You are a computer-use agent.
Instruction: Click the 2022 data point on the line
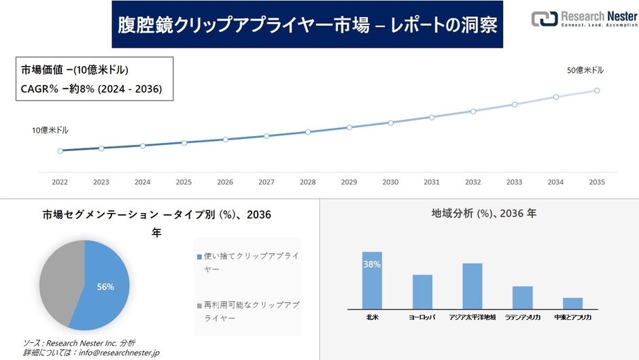point(60,151)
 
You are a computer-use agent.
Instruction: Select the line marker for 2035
point(597,90)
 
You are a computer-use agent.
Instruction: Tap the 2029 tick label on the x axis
point(349,182)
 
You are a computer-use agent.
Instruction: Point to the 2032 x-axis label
point(472,182)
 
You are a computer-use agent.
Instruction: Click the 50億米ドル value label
point(585,70)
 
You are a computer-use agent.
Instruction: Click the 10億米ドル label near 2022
point(50,130)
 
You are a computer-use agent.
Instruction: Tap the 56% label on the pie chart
point(105,287)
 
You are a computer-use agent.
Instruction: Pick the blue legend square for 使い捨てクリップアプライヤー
point(199,257)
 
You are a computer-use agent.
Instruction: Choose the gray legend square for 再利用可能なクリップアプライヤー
point(199,306)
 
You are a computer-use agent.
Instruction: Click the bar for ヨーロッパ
point(422,292)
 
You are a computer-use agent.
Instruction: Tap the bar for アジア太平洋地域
point(472,286)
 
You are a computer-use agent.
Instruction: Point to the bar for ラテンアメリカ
point(522,297)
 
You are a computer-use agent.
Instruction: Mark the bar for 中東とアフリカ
point(572,304)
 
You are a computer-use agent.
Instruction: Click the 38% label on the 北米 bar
point(372,264)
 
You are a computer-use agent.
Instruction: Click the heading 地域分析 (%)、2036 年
point(483,214)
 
